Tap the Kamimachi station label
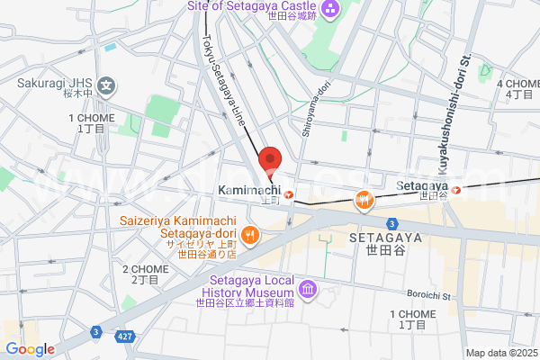point(248,190)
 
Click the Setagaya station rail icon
point(456,190)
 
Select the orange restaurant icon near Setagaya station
point(364,200)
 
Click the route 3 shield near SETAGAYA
point(392,222)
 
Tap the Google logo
point(30,349)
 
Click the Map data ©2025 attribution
point(501,353)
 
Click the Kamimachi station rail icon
point(288,193)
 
